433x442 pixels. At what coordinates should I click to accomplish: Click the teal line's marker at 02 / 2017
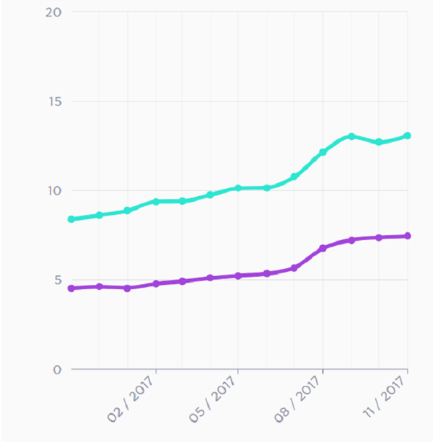tap(156, 202)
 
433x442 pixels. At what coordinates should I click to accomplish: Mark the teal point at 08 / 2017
tap(323, 152)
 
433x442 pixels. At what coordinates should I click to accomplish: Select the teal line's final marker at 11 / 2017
tap(408, 136)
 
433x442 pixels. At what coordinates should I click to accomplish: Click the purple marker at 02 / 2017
tap(156, 284)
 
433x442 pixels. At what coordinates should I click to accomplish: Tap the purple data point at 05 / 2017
tap(238, 275)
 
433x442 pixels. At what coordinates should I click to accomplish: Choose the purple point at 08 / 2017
tap(323, 248)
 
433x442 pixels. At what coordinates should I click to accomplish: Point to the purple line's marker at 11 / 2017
tap(408, 236)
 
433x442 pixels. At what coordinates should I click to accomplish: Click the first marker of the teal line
tap(71, 219)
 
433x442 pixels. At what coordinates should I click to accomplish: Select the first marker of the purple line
tap(71, 288)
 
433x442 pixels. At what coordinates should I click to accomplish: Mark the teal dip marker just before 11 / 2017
tap(379, 142)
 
